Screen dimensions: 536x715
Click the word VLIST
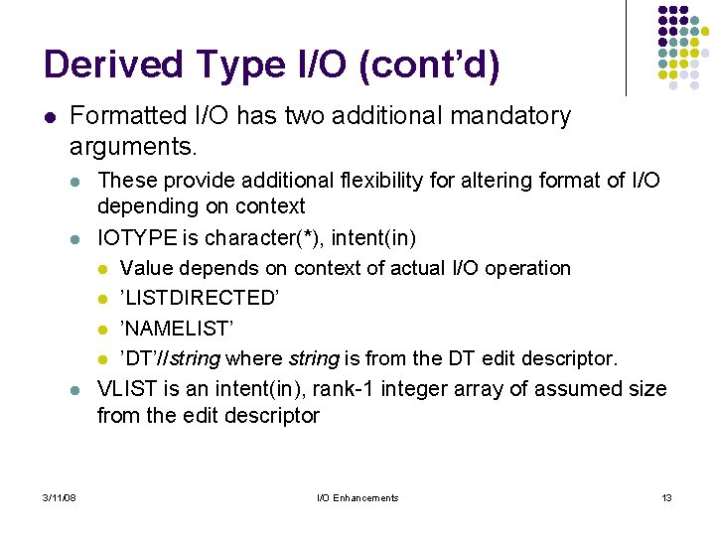[125, 388]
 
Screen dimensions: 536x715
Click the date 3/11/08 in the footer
[62, 497]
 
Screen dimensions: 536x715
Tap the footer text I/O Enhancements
[357, 497]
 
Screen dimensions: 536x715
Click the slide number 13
[666, 497]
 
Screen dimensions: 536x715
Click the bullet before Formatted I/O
[51, 117]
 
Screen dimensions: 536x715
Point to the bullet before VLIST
[76, 390]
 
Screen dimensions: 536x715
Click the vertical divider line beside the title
[626, 50]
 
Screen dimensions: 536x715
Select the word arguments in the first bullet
[133, 147]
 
